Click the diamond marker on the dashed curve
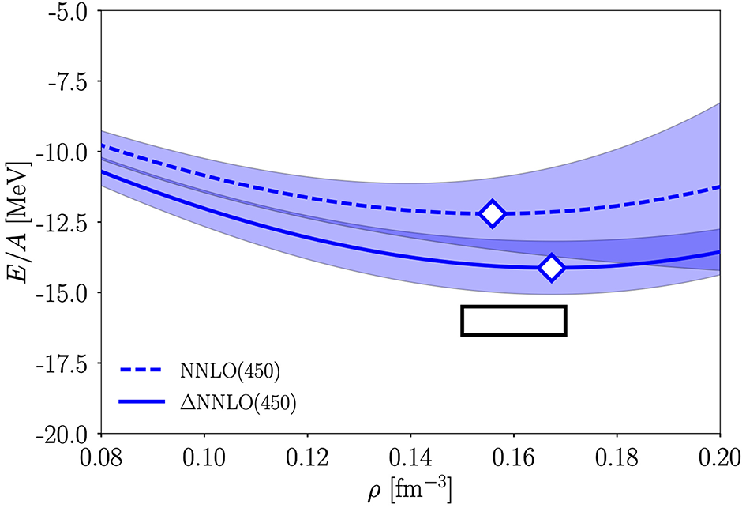(x=493, y=213)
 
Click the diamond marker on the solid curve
(x=551, y=268)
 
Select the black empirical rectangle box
(x=514, y=320)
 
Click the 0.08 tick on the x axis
(x=101, y=457)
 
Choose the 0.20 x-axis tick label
(x=719, y=457)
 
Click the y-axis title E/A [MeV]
(x=17, y=223)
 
